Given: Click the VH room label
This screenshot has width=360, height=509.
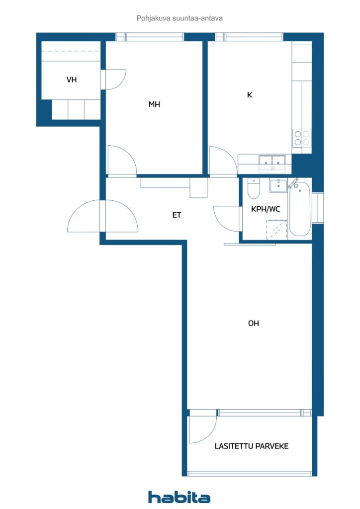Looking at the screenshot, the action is coord(72,80).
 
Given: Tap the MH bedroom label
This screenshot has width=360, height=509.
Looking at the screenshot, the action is coord(154,104).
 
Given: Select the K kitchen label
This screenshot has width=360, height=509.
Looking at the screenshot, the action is coord(250,95).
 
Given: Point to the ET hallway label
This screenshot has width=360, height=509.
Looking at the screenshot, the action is coord(177,215).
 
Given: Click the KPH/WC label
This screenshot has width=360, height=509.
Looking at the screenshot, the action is coord(266,209).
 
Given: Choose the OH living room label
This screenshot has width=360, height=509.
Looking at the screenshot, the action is coord(254,323).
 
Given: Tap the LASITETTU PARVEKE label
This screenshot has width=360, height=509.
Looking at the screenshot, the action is coord(252,446).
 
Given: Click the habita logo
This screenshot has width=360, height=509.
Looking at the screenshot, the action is coord(179,497).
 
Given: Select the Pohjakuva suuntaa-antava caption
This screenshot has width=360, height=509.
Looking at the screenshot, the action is coord(180,18).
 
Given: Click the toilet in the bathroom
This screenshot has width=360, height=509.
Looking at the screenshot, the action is coord(253,188).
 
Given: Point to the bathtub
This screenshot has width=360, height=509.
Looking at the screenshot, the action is coord(299,208).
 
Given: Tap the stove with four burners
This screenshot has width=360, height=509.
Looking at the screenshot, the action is coord(302,138).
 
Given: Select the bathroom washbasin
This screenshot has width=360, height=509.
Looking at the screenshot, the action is coord(278,185).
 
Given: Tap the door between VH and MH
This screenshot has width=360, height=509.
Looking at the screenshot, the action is coord(113,80).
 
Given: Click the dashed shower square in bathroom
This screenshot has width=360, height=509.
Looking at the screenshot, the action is coord(276,230).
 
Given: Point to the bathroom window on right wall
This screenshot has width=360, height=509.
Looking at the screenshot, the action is coord(318,208).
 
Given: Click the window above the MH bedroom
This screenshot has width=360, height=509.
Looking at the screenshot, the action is coord(150,37).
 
